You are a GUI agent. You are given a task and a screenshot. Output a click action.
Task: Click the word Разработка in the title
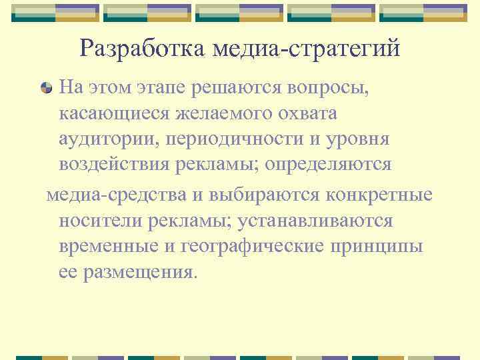pyautogui.click(x=143, y=48)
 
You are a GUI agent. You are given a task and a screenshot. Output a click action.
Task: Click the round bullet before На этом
pyautogui.click(x=46, y=87)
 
